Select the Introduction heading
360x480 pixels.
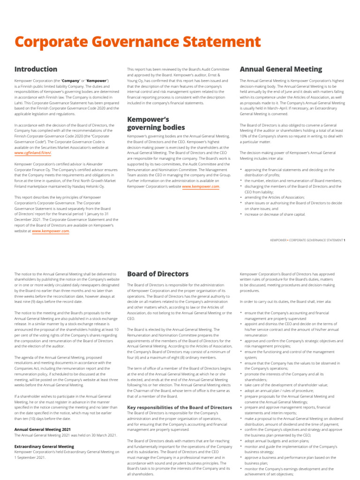coord(36,69)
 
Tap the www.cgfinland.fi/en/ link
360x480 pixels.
coord(33,153)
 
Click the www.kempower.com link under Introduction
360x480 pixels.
coord(51,231)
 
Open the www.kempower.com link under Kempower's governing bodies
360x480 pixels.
coord(201,187)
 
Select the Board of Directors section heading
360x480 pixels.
coord(158,274)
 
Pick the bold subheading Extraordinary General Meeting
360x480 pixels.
coord(44,446)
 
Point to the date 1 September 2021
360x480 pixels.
coord(31,457)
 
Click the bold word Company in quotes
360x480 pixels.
coord(70,81)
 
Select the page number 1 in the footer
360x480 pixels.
coord(345,240)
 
